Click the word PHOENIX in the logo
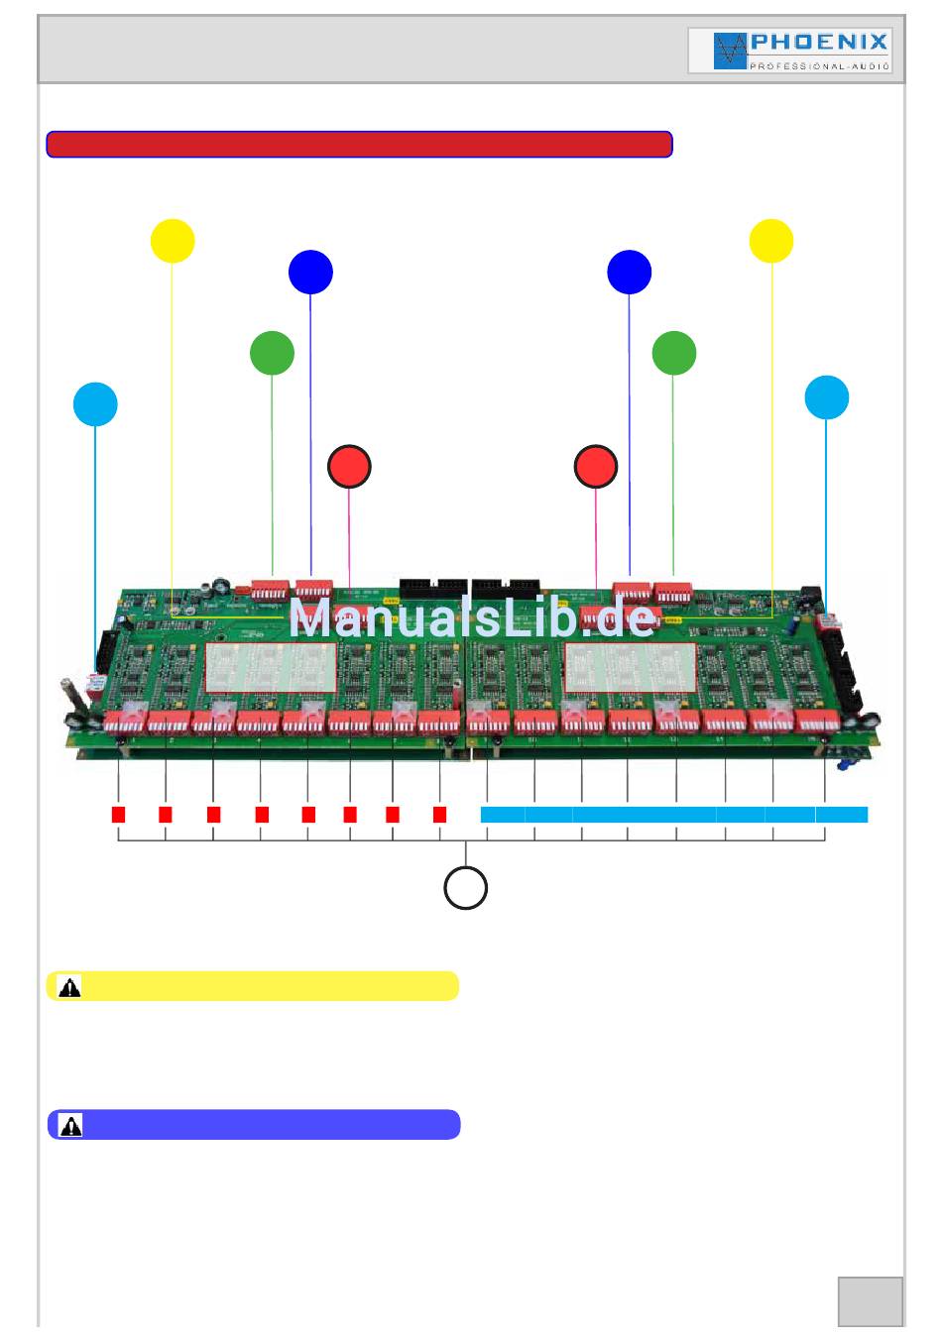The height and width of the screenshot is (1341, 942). (819, 43)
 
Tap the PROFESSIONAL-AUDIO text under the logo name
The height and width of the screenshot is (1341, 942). (819, 66)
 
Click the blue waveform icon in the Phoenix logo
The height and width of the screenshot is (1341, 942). (730, 51)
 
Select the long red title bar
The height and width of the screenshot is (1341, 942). (359, 145)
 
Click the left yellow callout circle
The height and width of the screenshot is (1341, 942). (173, 241)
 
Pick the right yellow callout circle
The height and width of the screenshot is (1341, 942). (771, 241)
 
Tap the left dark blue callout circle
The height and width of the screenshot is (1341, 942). (310, 273)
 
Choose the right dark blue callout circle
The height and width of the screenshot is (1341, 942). (630, 273)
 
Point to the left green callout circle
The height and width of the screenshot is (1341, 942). (272, 353)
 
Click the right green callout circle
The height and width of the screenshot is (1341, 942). (674, 353)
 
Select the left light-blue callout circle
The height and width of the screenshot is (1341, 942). (95, 404)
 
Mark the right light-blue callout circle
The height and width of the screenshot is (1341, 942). (827, 397)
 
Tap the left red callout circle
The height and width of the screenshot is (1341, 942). (349, 467)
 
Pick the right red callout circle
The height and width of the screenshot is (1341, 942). (596, 467)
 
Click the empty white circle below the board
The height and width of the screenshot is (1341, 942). (465, 887)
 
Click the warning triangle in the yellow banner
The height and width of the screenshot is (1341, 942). (69, 987)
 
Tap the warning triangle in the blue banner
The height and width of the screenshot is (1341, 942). (70, 1126)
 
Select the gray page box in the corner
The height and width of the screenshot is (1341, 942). (871, 1301)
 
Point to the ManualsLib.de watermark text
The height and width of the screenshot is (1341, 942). (473, 619)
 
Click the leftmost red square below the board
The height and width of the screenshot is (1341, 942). (118, 815)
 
